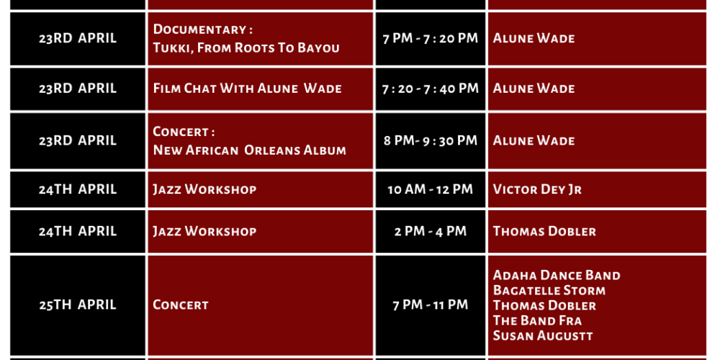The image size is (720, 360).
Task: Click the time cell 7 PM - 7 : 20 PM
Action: (x=431, y=39)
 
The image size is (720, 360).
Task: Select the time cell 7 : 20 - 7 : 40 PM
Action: (x=431, y=89)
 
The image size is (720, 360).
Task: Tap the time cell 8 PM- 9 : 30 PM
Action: (x=431, y=140)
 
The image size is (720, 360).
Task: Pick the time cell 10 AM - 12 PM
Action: (x=431, y=189)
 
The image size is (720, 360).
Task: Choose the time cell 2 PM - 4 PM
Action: (x=431, y=231)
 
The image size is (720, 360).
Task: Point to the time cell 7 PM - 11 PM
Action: (x=431, y=305)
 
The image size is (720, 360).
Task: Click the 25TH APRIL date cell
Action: (x=78, y=305)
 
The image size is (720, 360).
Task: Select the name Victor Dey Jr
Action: (x=537, y=189)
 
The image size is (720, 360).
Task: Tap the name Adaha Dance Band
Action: (x=557, y=275)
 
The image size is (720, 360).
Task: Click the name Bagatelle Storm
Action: (x=549, y=290)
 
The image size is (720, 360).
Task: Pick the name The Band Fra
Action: (x=537, y=320)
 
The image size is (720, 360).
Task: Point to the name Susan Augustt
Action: (x=543, y=336)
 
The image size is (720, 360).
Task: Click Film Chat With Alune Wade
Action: (x=248, y=88)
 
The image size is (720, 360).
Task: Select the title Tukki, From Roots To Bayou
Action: (x=246, y=48)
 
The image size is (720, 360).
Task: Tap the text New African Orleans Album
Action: (x=249, y=150)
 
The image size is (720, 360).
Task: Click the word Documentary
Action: (x=199, y=30)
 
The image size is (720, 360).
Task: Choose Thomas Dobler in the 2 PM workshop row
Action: (x=544, y=231)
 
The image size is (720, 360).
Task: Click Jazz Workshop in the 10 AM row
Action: (x=204, y=189)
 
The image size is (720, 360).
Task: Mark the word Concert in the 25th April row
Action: (x=181, y=305)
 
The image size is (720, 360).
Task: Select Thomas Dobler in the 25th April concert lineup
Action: (x=544, y=305)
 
